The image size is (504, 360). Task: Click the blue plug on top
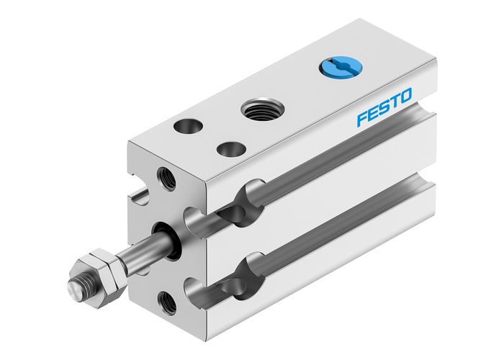[334, 69]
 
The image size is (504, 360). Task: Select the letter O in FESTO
[405, 96]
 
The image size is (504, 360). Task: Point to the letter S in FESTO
[383, 107]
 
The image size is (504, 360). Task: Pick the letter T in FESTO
[393, 102]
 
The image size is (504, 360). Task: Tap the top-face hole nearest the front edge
[231, 150]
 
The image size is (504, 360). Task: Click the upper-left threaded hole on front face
[166, 179]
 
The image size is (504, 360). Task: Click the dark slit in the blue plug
[334, 69]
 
